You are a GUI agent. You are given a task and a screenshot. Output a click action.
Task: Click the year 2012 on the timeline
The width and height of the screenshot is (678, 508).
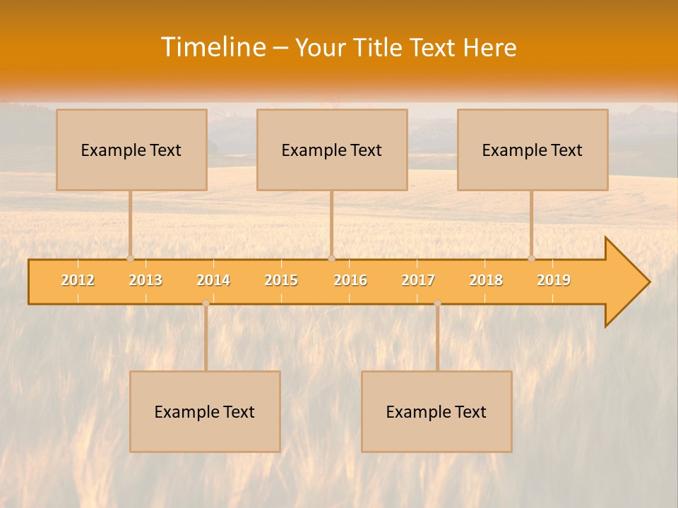coord(78,280)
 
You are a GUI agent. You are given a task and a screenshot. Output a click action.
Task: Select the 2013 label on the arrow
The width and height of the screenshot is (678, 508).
coord(145,280)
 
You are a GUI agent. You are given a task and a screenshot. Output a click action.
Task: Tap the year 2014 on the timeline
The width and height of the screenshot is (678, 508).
coord(213,280)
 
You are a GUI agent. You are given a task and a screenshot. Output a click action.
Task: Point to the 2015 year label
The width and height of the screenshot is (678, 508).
coord(281,280)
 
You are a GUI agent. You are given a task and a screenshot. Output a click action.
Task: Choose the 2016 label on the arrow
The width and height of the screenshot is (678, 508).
coord(350,280)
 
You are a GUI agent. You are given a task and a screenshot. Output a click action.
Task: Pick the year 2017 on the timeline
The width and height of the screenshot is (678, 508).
coord(418,280)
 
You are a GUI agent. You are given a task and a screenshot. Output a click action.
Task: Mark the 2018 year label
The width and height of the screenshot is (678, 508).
coord(486,280)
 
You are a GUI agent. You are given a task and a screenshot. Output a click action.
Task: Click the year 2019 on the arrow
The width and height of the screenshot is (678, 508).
coord(554,280)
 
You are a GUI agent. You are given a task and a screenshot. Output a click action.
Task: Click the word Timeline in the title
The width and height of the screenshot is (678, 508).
coord(213,47)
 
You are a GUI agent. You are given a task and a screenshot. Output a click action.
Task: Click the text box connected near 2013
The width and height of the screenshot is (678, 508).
coord(131,150)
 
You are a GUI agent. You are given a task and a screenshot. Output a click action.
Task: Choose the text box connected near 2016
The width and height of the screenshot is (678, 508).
coord(332,150)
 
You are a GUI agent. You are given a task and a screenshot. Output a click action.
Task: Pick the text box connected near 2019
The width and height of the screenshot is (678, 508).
coord(533,150)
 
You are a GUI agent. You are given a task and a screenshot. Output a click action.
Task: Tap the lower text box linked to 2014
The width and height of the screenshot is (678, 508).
coord(205,411)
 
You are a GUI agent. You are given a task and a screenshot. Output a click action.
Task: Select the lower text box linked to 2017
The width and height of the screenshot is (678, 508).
coord(436,411)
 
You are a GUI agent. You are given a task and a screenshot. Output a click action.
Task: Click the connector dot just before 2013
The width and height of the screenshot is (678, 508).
coord(130,258)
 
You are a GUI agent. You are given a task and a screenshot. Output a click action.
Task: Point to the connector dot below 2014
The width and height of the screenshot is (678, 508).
coord(206,303)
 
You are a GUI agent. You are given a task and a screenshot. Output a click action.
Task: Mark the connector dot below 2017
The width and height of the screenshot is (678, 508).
coord(437,303)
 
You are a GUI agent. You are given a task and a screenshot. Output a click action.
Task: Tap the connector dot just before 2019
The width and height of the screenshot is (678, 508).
coord(531,258)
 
